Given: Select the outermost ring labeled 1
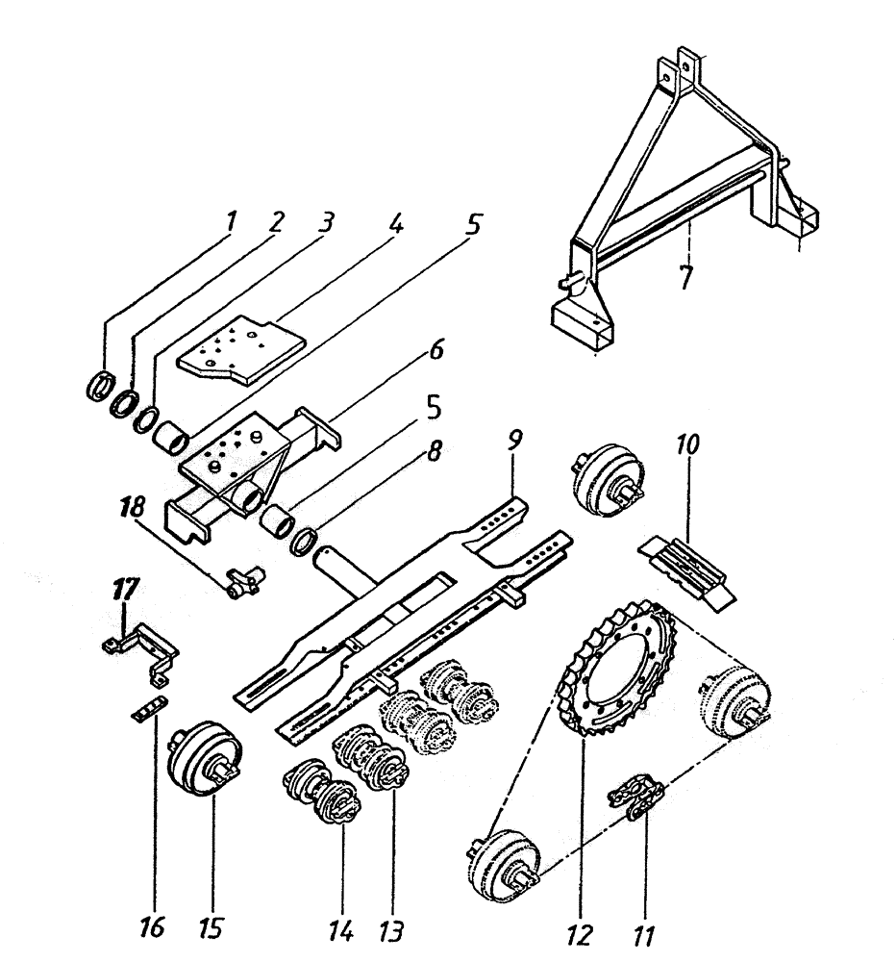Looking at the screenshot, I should pyautogui.click(x=98, y=389).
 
